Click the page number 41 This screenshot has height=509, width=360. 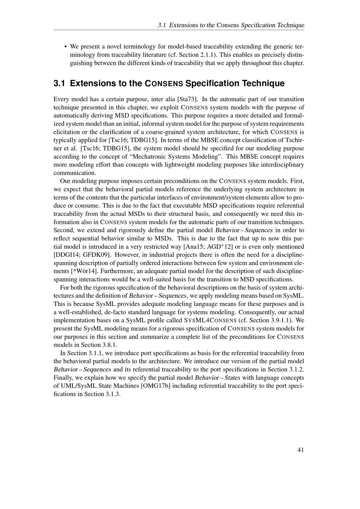click(301, 450)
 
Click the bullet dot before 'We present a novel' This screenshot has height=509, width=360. click(65, 47)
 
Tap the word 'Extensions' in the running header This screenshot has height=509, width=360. click(183, 25)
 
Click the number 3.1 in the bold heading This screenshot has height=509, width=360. click(59, 84)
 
